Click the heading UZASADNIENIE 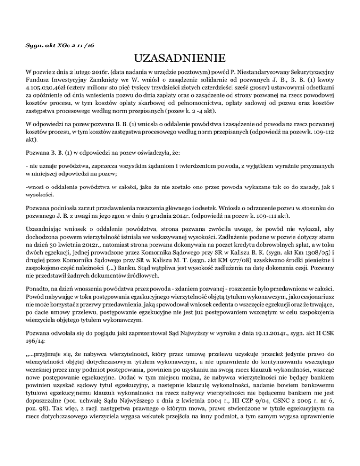[x=180, y=60]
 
